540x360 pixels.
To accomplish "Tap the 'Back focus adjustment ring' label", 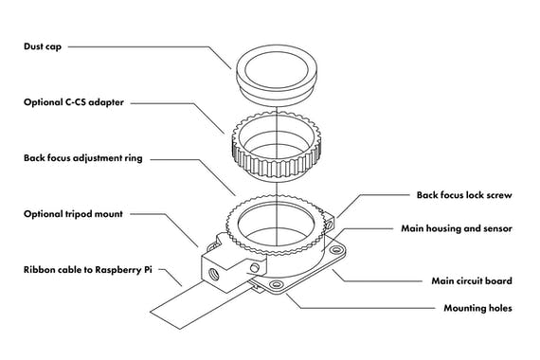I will (x=82, y=158).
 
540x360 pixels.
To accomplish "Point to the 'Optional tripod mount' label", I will (x=73, y=214).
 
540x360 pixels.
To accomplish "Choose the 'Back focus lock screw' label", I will (x=464, y=195).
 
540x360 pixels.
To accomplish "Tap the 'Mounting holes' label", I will (x=478, y=308).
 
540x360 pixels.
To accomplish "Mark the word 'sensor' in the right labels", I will (x=496, y=228).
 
